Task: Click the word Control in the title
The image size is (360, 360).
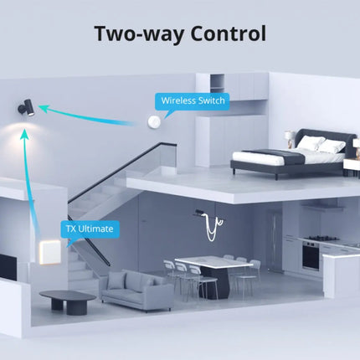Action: (x=228, y=33)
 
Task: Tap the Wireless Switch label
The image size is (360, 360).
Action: (x=193, y=100)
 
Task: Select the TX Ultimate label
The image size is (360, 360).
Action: (x=90, y=229)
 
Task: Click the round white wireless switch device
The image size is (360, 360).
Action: (x=154, y=122)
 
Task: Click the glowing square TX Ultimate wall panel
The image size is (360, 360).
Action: (x=50, y=252)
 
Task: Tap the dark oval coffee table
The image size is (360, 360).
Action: (x=68, y=301)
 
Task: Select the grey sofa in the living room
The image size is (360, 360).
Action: (x=136, y=291)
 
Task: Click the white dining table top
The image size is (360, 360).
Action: (x=214, y=262)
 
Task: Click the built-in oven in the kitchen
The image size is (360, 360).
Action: (x=311, y=256)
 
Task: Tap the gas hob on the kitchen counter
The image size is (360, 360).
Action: (x=321, y=239)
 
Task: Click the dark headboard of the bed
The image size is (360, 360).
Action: (x=325, y=137)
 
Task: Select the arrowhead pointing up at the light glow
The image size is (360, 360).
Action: (x=25, y=134)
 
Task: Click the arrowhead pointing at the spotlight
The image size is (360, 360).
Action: (x=44, y=108)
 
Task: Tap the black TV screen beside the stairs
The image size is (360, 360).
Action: (x=8, y=267)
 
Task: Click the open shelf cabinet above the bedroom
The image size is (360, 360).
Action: (x=217, y=82)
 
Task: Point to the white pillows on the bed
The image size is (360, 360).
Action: (x=321, y=144)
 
